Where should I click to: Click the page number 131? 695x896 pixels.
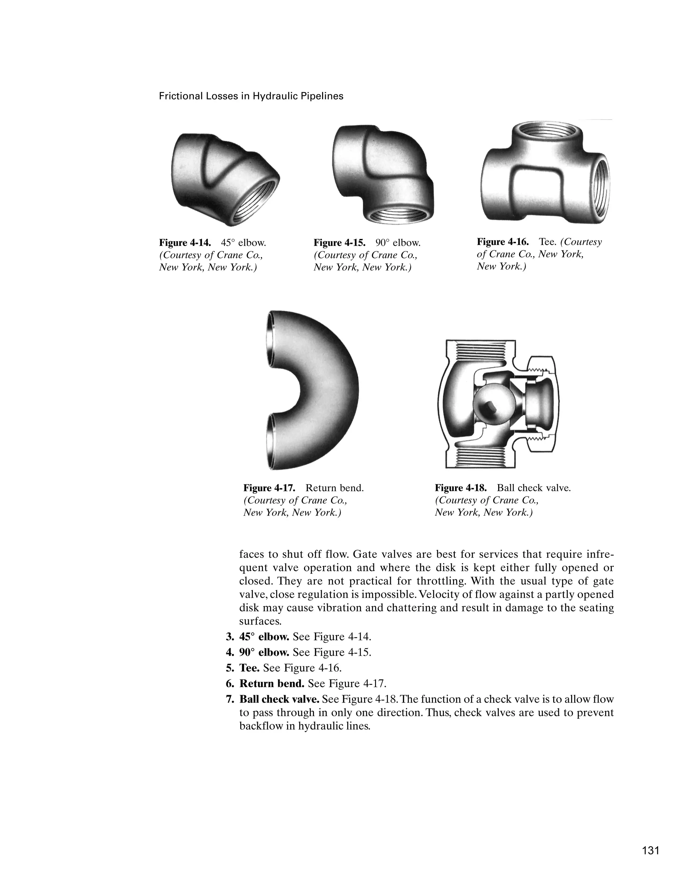[651, 850]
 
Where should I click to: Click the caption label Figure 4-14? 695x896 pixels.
[185, 243]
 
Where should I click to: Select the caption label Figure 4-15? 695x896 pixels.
[339, 243]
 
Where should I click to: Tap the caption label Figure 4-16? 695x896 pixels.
[503, 242]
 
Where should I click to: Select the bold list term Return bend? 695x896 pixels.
[271, 684]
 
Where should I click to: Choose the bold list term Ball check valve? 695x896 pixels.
[279, 699]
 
